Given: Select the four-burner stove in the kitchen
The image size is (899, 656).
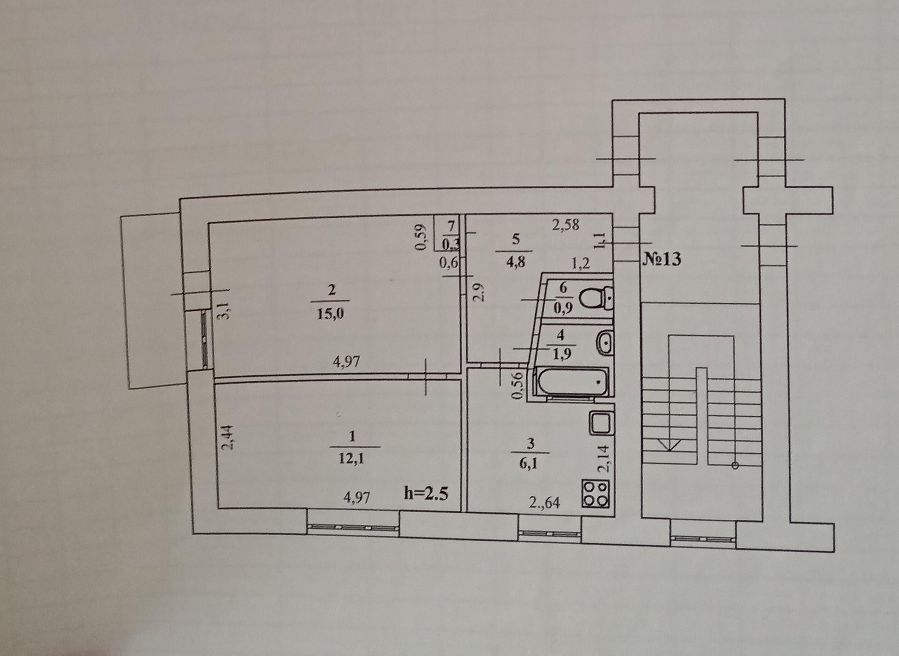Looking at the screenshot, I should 596,494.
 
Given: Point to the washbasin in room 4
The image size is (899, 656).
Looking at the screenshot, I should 604,343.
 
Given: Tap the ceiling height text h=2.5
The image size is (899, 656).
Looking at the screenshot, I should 426,494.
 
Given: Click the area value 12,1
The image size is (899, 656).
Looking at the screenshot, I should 351,458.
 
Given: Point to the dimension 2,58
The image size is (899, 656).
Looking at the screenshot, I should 565,225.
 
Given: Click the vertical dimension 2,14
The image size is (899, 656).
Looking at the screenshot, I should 604,458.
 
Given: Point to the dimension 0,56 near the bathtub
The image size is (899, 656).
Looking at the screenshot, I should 517,385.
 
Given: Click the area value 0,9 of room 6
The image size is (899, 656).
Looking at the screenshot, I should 563,309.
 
